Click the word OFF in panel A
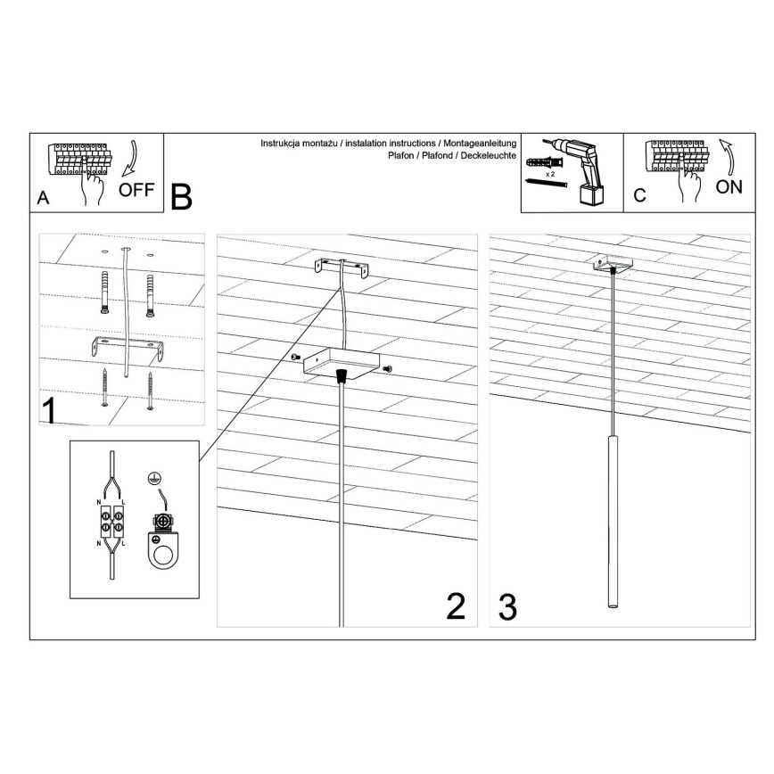click(x=136, y=190)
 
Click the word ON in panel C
click(x=729, y=187)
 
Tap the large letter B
click(x=181, y=197)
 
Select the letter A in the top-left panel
click(x=42, y=200)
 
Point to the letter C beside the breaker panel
click(x=638, y=196)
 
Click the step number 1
click(x=50, y=410)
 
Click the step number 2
click(x=456, y=606)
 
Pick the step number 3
click(x=507, y=606)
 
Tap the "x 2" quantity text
click(x=552, y=175)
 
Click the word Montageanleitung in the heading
click(x=478, y=143)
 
